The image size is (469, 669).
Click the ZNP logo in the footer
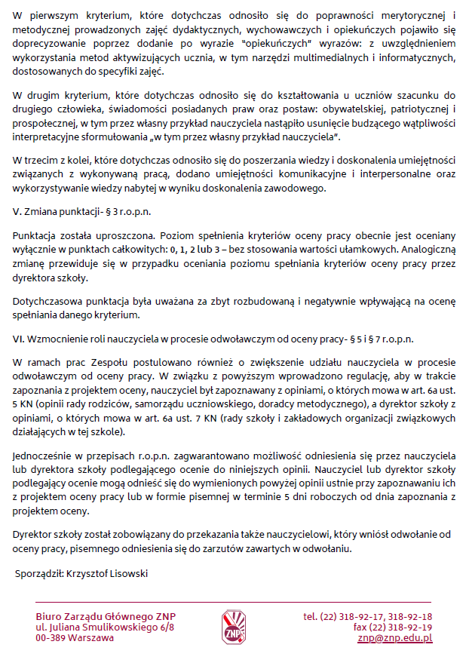pos(234,627)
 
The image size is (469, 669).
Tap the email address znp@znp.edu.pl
pos(394,638)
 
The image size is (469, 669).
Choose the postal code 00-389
pos(51,638)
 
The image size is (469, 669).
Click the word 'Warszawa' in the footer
pos(92,638)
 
